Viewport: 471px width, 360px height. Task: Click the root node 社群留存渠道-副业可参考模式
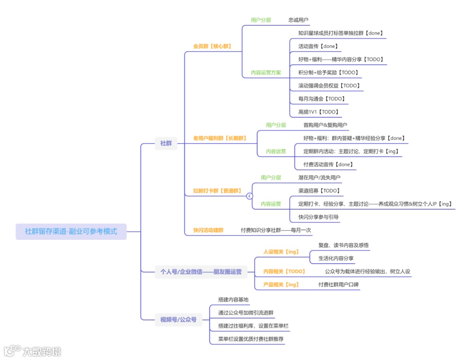point(71,231)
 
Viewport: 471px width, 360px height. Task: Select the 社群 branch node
point(166,143)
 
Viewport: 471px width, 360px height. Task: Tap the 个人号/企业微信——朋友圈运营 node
point(201,272)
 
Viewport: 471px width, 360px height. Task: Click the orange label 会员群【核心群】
point(212,46)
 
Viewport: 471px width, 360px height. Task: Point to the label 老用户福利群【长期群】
point(220,138)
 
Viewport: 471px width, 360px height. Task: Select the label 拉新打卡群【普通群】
point(217,190)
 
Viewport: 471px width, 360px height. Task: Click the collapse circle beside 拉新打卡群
point(249,196)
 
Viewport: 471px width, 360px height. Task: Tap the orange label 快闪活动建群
point(208,230)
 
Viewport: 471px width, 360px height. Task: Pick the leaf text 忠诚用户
point(299,20)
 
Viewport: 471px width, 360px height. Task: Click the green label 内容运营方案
point(266,72)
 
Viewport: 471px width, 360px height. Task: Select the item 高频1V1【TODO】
point(318,112)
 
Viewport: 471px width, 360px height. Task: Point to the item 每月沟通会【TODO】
point(321,99)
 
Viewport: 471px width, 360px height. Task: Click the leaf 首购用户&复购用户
point(325,125)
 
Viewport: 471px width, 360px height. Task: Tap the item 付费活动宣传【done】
point(328,164)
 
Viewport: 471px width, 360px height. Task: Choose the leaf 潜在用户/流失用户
point(319,178)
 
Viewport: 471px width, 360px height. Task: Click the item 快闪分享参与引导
point(318,217)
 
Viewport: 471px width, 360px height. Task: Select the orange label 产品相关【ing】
point(281,285)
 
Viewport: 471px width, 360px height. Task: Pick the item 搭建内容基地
point(233,300)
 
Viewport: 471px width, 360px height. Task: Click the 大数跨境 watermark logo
point(33,351)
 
